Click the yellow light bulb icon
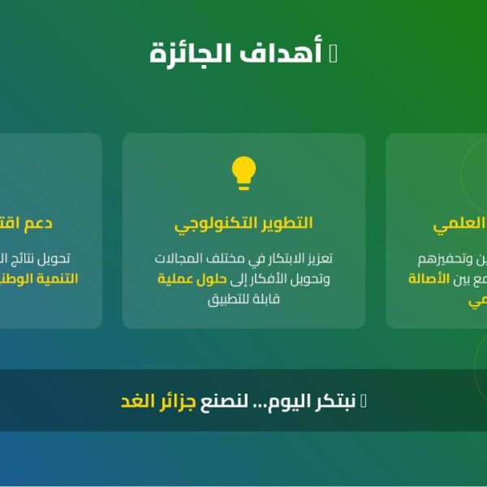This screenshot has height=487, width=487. (243, 173)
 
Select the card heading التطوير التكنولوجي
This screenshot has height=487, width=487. (243, 222)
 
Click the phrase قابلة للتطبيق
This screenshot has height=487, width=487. (243, 300)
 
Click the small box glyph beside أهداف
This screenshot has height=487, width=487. (333, 54)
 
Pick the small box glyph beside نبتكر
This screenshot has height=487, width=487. (363, 401)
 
